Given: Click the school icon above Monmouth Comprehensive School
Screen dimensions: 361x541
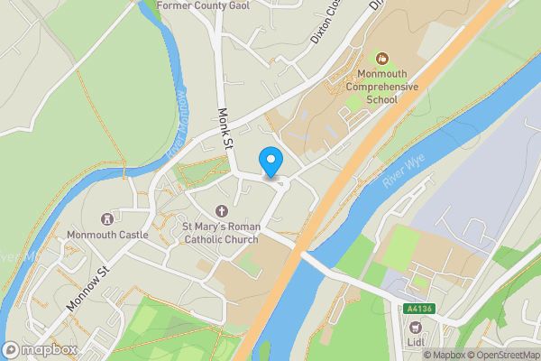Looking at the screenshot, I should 381,58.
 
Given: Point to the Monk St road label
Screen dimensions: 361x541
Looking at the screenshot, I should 225,128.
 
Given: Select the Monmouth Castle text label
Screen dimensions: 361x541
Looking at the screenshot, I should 106,235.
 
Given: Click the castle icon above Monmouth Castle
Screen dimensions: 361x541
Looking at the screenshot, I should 106,218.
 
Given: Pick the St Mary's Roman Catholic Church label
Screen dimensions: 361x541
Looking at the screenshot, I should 221,233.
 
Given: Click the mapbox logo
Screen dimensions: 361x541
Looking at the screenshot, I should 41,349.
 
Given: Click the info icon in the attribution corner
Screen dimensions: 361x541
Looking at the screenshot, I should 416,355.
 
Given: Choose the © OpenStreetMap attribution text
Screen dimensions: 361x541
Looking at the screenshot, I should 501,355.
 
